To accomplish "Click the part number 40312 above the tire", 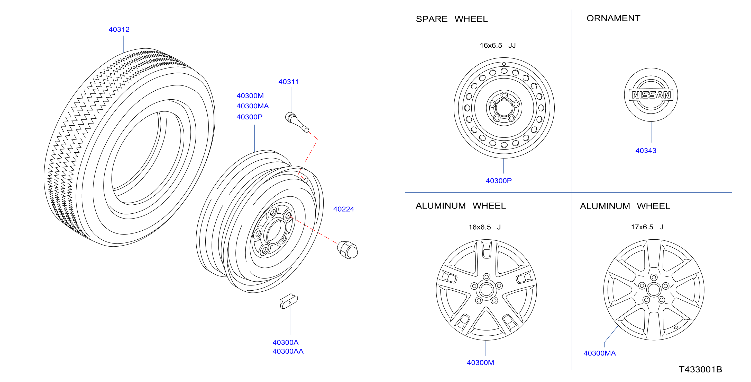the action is (119, 30).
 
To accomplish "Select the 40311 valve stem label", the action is (289, 82).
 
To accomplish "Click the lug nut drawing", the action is (347, 250).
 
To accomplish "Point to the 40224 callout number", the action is (343, 209).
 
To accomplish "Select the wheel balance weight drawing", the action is (289, 301).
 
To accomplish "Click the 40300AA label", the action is (288, 351).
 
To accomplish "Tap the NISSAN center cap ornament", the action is (651, 95).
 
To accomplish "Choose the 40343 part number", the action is (646, 151).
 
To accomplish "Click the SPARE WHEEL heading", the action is (452, 19).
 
